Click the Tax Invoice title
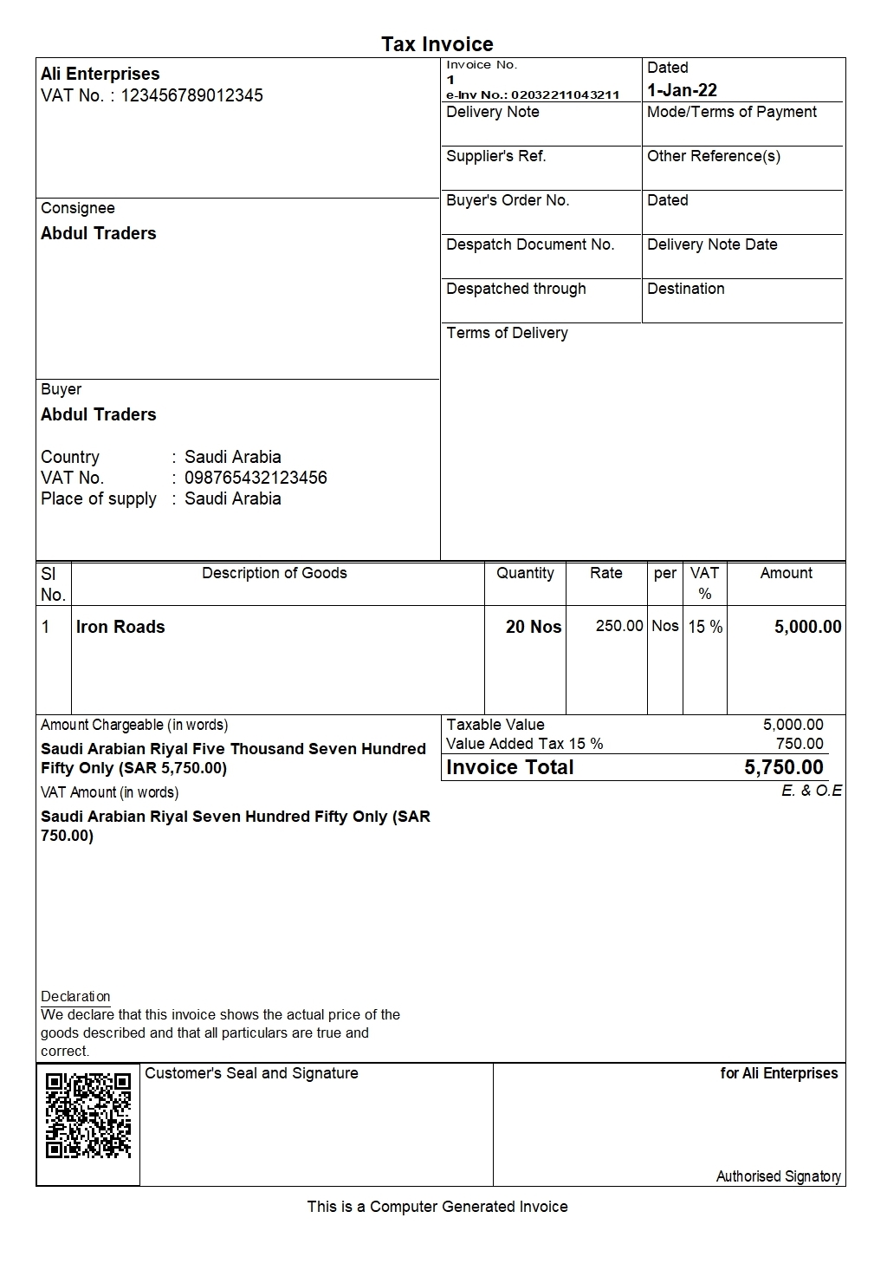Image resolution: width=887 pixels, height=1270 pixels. [437, 44]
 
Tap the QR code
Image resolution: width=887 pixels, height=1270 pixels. [88, 1115]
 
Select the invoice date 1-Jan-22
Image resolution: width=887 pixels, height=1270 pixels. [682, 90]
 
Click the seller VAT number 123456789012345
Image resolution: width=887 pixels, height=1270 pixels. [191, 95]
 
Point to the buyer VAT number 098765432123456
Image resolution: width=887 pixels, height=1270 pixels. [256, 478]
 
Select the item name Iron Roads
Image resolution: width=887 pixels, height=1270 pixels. [120, 627]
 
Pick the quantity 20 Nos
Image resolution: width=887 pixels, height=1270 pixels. [533, 627]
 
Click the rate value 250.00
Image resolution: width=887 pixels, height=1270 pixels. [618, 626]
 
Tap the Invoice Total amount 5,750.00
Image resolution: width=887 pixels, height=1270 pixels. [783, 767]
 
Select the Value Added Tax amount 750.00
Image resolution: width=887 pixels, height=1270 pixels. [800, 744]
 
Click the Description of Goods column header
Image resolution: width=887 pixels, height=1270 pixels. [274, 573]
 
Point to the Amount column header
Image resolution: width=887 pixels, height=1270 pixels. [786, 573]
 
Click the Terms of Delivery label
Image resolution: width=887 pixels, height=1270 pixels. [507, 333]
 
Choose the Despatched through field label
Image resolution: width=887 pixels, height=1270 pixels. [515, 289]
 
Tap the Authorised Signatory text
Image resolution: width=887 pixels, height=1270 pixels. [778, 1176]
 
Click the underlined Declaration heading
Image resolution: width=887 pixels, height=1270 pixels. [75, 996]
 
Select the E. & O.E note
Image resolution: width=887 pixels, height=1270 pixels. [811, 791]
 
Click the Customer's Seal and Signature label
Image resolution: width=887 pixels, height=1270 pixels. [251, 1073]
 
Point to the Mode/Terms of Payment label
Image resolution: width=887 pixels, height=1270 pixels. [731, 112]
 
